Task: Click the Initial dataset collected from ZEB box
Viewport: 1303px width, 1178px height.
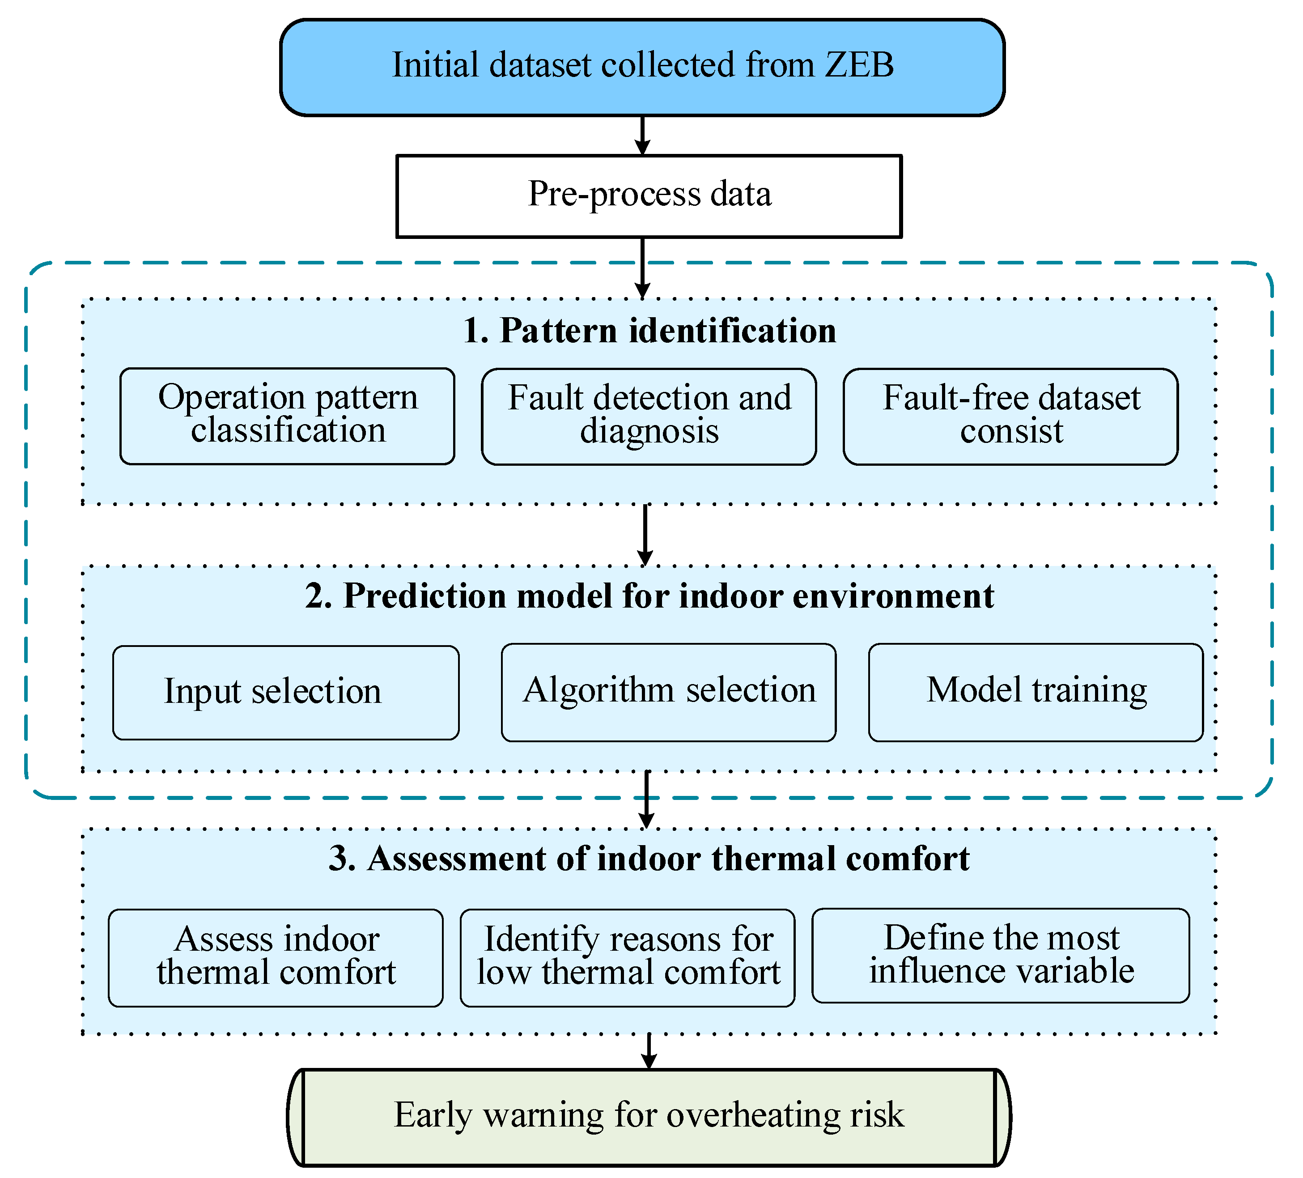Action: [642, 67]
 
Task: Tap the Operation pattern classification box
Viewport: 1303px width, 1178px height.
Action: [287, 416]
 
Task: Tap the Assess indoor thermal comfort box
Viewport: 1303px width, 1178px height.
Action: [276, 957]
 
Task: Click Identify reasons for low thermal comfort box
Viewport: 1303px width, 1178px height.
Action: [627, 957]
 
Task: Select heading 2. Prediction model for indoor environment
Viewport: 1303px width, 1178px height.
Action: [649, 596]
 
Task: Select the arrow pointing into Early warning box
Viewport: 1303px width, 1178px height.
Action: [649, 1050]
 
